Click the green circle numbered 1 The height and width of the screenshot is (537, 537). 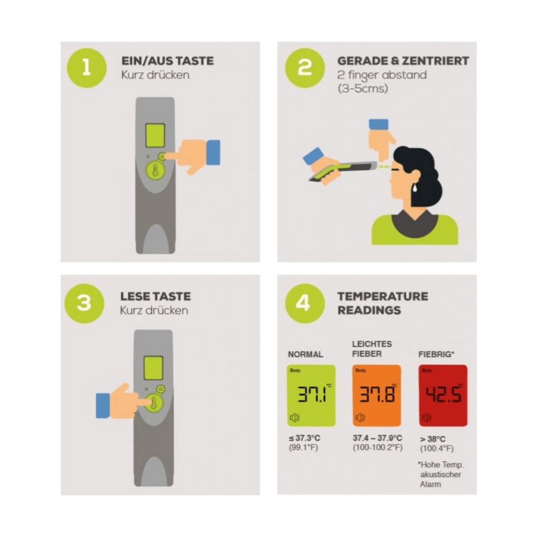tap(87, 68)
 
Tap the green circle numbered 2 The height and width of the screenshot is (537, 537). tap(305, 68)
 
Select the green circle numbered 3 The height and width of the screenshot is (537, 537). tap(84, 304)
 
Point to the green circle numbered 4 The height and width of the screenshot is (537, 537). tap(305, 304)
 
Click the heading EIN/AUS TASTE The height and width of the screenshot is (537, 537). tap(167, 61)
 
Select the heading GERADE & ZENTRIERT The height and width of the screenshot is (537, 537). tap(403, 61)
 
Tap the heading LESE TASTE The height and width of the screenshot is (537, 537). tap(155, 297)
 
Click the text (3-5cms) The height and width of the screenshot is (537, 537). tap(363, 89)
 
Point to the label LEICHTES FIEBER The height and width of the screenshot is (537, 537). tap(372, 349)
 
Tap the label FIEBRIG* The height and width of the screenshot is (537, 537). tap(436, 354)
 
